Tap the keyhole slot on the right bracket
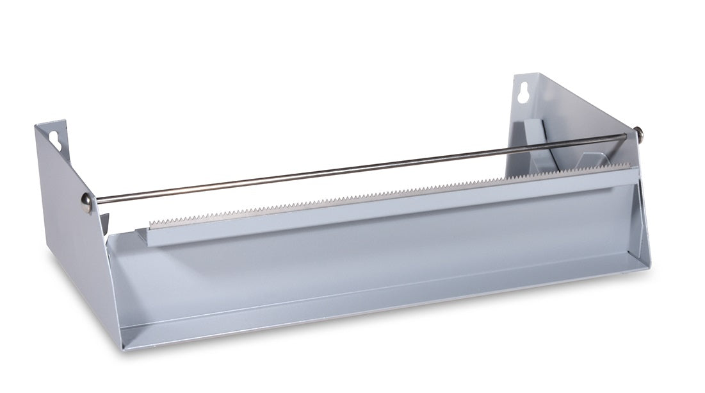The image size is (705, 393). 524,92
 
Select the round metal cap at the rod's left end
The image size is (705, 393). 86,203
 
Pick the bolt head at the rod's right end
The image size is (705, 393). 638,133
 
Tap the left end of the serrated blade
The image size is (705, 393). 151,223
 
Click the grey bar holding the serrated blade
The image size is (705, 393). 384,205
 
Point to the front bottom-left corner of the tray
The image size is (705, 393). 122,348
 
